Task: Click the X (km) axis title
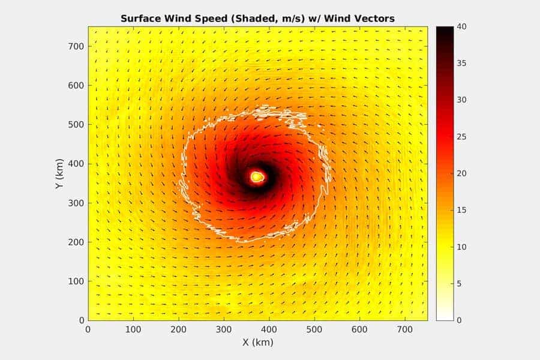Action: tap(257, 343)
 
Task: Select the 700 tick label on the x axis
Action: tap(404, 329)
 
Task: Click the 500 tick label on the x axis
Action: tap(314, 329)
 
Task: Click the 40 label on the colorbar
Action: tap(461, 27)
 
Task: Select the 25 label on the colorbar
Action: tap(461, 137)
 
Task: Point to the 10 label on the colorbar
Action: tap(461, 247)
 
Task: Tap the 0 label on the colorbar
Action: tap(460, 320)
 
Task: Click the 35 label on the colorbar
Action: tap(461, 64)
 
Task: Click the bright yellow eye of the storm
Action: tap(257, 177)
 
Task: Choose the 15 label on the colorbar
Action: tap(461, 211)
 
